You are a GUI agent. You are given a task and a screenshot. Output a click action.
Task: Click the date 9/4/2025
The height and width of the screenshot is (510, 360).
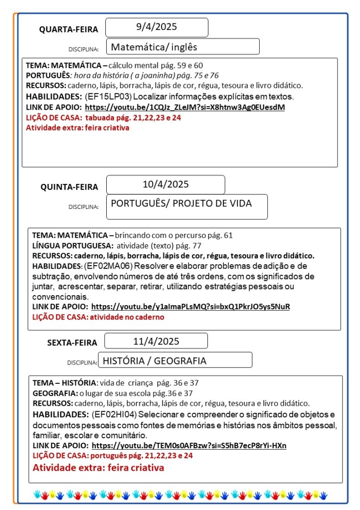pos(157,27)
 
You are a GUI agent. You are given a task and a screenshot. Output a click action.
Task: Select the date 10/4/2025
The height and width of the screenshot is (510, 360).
pos(166,184)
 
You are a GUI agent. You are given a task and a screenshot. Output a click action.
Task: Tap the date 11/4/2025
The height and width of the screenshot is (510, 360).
pos(156,341)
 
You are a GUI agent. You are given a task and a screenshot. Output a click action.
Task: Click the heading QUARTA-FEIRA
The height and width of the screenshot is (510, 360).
pos(69,29)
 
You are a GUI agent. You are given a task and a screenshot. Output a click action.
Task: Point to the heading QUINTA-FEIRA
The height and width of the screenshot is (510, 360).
pos(69,187)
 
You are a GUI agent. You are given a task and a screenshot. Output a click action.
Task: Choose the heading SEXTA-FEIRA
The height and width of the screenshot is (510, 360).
pos(72,342)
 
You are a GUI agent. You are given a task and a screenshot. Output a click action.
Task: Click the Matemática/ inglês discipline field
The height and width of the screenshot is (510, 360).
pos(154,47)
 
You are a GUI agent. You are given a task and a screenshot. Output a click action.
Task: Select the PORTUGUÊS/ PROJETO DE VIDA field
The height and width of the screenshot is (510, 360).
pos(181,203)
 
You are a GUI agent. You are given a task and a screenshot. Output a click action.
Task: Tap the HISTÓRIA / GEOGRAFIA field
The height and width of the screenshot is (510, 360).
pos(154,360)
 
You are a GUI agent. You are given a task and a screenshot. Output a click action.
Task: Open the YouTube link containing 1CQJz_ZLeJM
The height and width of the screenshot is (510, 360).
pos(184,107)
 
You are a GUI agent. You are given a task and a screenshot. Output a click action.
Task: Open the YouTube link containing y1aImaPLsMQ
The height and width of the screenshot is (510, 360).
pos(190,307)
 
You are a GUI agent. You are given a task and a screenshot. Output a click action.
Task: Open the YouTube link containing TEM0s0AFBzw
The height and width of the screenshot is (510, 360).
pos(189,445)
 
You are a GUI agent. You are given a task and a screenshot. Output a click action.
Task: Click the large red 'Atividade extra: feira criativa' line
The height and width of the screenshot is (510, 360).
pos(98,468)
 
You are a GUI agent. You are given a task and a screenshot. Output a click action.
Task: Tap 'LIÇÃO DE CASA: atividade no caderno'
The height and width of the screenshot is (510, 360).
pos(98,317)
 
